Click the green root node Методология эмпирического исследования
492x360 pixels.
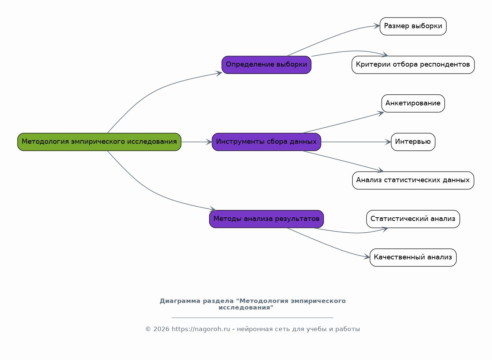[x=99, y=142]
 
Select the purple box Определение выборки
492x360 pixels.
[x=266, y=65]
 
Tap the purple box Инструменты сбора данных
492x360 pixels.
[x=266, y=142]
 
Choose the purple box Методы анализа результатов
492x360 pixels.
[x=266, y=219]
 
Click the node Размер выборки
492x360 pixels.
[x=413, y=26]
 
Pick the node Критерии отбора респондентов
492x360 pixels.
[x=413, y=65]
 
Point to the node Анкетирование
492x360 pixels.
[x=413, y=104]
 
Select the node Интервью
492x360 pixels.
[x=413, y=142]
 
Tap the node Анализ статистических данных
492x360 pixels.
[x=413, y=180]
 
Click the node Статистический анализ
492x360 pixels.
[x=413, y=219]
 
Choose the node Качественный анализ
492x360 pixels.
[x=413, y=258]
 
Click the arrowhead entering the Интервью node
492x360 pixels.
[x=388, y=142]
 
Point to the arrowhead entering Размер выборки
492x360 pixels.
[x=377, y=26]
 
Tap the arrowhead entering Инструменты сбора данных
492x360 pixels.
[x=209, y=142]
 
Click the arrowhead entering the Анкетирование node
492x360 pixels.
[x=381, y=113]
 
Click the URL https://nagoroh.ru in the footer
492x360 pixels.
[x=201, y=329]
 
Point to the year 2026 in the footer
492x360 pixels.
[x=161, y=329]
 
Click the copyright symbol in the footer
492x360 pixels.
[x=148, y=329]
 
